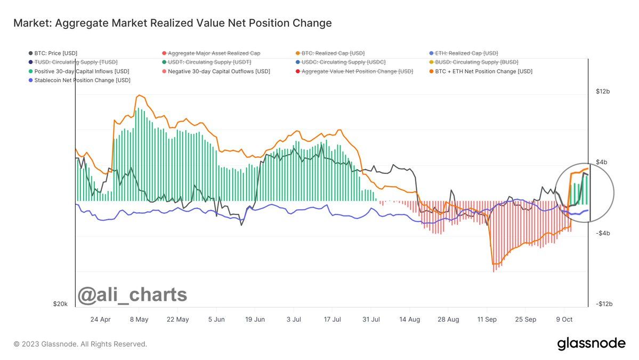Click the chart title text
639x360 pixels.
[x=172, y=23]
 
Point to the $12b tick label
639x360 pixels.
[x=603, y=92]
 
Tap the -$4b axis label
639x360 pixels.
[x=602, y=233]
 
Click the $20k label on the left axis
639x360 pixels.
[x=60, y=304]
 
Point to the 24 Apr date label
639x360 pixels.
[x=100, y=319]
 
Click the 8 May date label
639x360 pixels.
[x=139, y=319]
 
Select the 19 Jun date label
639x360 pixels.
[x=255, y=319]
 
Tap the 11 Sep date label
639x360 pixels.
[x=487, y=319]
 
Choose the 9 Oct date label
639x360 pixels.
[x=564, y=319]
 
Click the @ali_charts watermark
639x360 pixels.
[x=133, y=294]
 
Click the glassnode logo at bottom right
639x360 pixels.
[x=591, y=343]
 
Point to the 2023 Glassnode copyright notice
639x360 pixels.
[x=80, y=344]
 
